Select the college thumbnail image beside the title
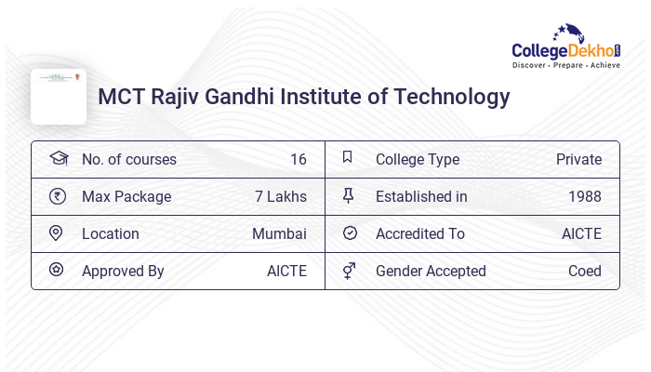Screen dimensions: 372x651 [58, 97]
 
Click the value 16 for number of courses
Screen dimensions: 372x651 [298, 160]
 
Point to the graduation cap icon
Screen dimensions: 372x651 [58, 159]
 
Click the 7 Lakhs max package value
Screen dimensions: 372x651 [280, 197]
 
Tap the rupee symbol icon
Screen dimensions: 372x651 [58, 196]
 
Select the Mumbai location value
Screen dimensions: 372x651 [279, 234]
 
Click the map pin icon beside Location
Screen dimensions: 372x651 [56, 233]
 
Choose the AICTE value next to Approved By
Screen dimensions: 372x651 [286, 272]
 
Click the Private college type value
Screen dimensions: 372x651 [578, 160]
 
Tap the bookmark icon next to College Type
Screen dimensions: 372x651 [347, 158]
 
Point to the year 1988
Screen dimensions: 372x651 [584, 197]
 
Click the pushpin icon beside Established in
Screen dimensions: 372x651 [349, 196]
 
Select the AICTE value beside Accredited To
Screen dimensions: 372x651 [581, 234]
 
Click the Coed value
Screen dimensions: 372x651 [584, 272]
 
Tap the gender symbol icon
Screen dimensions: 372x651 [349, 271]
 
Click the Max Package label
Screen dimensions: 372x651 [126, 197]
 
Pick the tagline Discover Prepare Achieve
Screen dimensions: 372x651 [565, 66]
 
